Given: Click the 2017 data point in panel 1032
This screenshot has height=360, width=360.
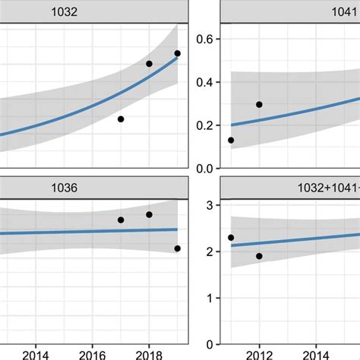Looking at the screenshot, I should tap(121, 119).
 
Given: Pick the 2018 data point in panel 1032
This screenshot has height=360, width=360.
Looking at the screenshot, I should tap(149, 64).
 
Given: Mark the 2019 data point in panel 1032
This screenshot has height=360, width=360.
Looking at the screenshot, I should tap(177, 54).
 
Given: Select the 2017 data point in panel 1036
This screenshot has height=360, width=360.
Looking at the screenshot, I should tap(121, 220).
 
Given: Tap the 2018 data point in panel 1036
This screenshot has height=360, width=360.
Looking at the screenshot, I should tap(149, 215).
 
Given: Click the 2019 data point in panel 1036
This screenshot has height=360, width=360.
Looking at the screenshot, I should tap(177, 248).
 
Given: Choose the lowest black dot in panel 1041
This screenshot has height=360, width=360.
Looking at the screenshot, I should tap(231, 140).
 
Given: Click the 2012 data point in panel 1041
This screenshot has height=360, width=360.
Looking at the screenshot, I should tap(259, 105).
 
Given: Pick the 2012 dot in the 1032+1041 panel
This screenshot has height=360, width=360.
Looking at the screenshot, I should tap(259, 256).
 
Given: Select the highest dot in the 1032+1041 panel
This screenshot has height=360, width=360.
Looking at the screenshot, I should tap(231, 238).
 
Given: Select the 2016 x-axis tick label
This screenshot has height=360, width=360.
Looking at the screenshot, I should tap(92, 353).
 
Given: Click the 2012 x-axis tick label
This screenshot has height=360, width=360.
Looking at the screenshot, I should tap(259, 353).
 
